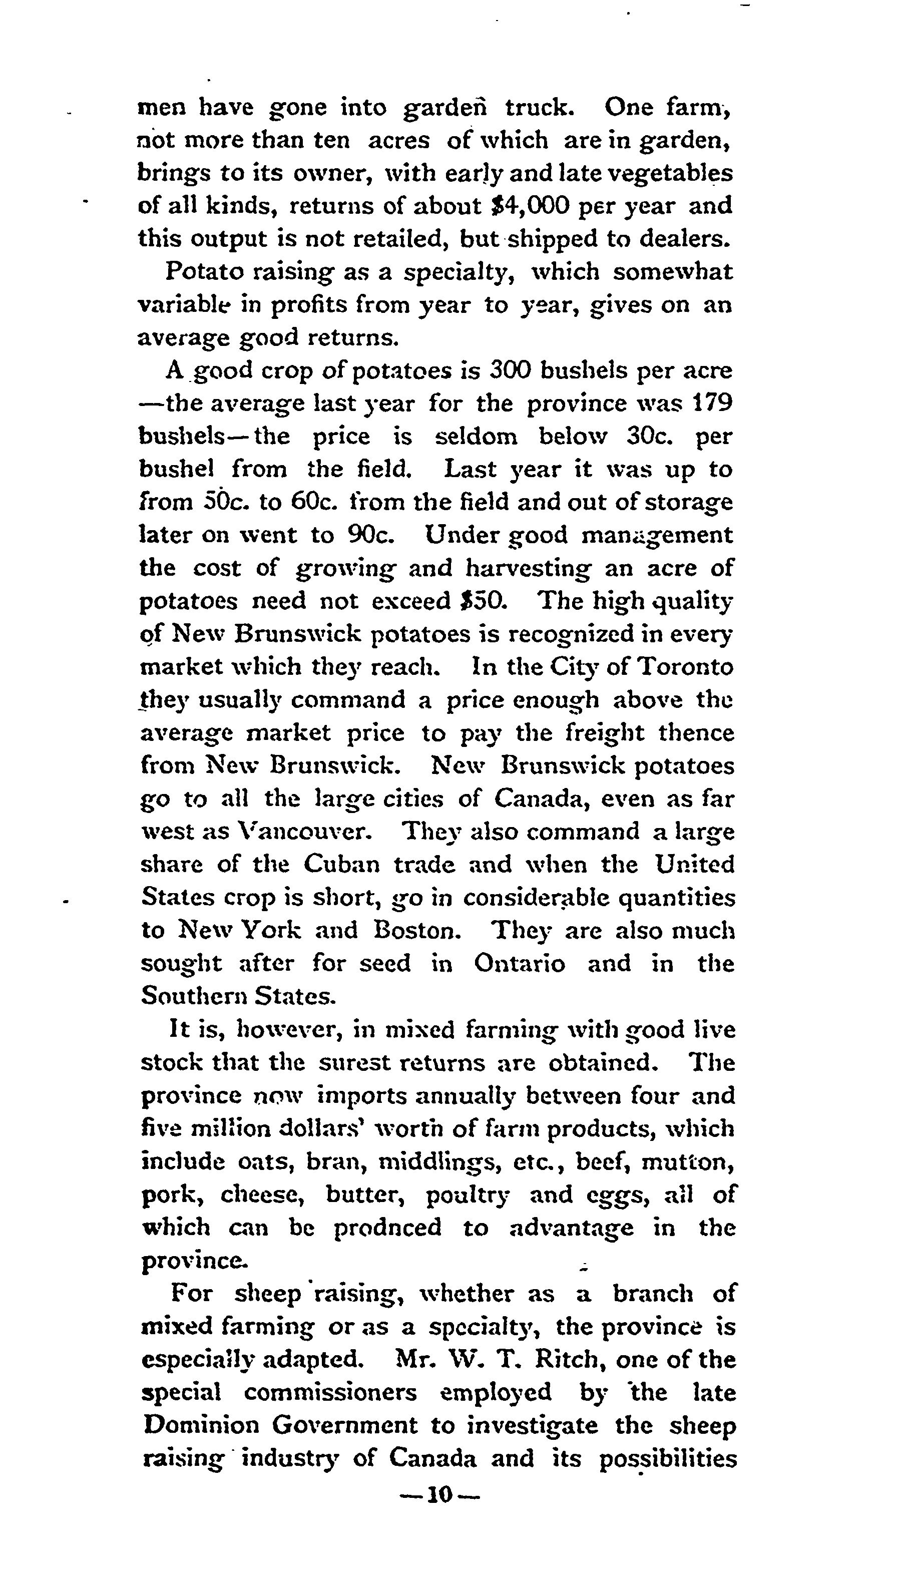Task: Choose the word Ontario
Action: click(520, 963)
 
